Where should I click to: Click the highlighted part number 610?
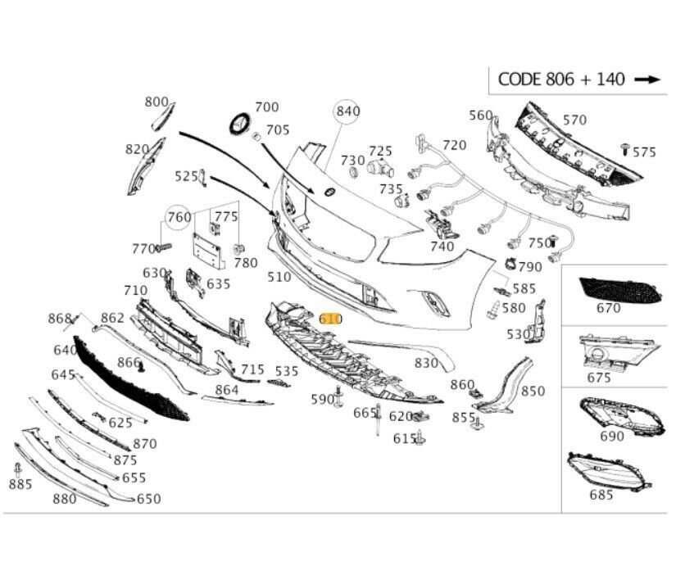330,319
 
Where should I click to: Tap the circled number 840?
347,111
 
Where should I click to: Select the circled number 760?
179,217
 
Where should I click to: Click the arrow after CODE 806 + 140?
647,79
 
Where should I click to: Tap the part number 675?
599,378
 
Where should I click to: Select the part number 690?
611,436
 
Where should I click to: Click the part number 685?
601,495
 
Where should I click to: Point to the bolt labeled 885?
18,469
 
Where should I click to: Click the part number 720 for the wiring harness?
454,145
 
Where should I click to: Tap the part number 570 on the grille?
574,120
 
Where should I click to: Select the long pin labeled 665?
378,426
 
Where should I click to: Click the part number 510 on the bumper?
279,277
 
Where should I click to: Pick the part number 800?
156,102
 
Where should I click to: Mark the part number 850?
533,392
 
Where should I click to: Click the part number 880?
65,499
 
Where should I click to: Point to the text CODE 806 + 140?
561,79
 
